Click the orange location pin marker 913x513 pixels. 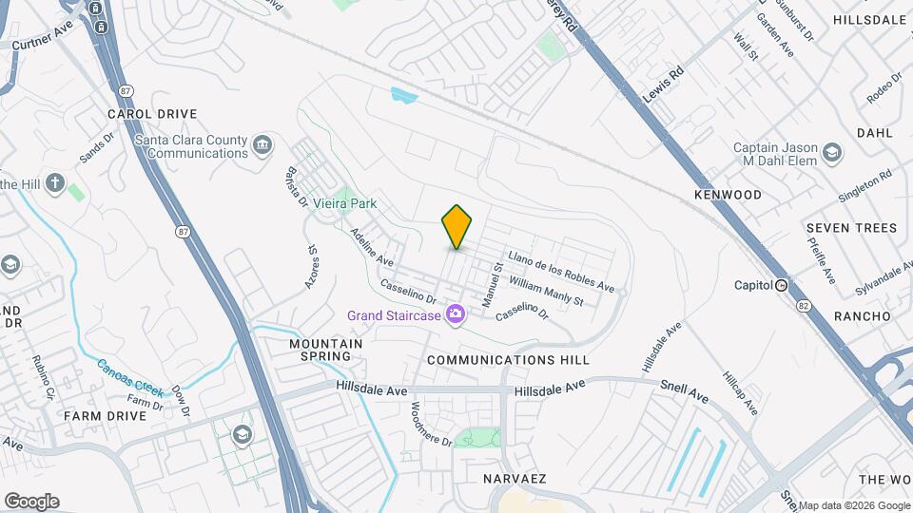pos(456,226)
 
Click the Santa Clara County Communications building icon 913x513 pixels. pos(263,146)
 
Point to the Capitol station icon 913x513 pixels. pos(782,285)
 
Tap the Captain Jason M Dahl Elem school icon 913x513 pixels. pos(832,153)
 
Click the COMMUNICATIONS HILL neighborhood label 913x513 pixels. pos(508,361)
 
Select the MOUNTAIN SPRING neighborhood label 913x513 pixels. pos(326,350)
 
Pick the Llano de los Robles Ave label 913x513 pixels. pos(561,272)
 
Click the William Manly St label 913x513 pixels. pos(546,292)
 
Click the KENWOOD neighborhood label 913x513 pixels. pos(728,195)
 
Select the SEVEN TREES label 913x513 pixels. pos(851,228)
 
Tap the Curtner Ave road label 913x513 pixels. pos(43,42)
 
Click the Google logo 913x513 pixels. pos(31,502)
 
